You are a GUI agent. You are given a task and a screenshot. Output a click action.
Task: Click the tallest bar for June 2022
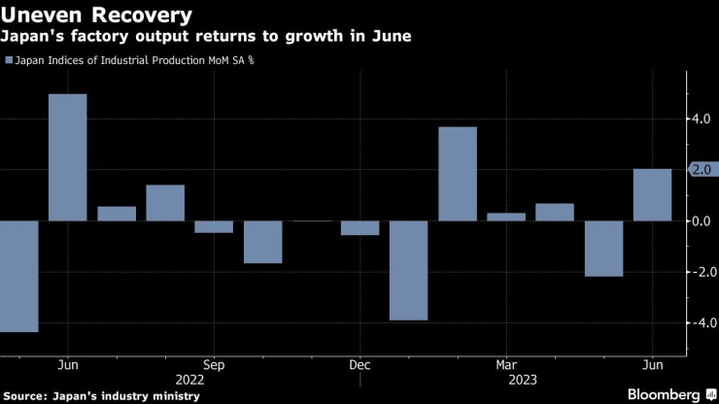coord(68,157)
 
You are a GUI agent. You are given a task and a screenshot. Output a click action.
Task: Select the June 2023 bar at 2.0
coord(652,194)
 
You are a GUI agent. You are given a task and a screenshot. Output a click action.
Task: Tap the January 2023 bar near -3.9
coord(409,270)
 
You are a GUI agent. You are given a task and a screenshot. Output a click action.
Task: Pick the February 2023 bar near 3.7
coord(458,174)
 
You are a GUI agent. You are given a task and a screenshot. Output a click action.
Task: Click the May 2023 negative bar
coord(603,249)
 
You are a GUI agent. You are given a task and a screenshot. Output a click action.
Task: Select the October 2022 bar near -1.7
coord(262,242)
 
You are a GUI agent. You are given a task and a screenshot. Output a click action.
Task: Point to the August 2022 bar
coord(165,202)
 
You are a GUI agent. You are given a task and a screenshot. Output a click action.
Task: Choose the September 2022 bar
coord(214,227)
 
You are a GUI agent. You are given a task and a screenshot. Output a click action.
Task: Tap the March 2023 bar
coord(506,217)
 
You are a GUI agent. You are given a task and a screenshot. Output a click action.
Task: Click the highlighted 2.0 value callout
coord(702,170)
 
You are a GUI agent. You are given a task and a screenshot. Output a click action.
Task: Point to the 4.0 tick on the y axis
coord(702,119)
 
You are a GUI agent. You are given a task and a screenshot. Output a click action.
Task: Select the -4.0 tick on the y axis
coord(700,322)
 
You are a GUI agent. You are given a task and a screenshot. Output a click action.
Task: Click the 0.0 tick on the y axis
coord(702,221)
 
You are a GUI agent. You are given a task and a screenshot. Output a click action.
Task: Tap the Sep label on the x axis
coord(214,366)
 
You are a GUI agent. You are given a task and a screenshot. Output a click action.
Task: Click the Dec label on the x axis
coord(359,366)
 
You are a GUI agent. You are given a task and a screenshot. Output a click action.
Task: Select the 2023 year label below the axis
coord(506,381)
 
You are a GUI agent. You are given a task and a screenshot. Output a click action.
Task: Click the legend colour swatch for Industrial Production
coord(10,60)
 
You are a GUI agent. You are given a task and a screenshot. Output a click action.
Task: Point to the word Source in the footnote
coord(29,395)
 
